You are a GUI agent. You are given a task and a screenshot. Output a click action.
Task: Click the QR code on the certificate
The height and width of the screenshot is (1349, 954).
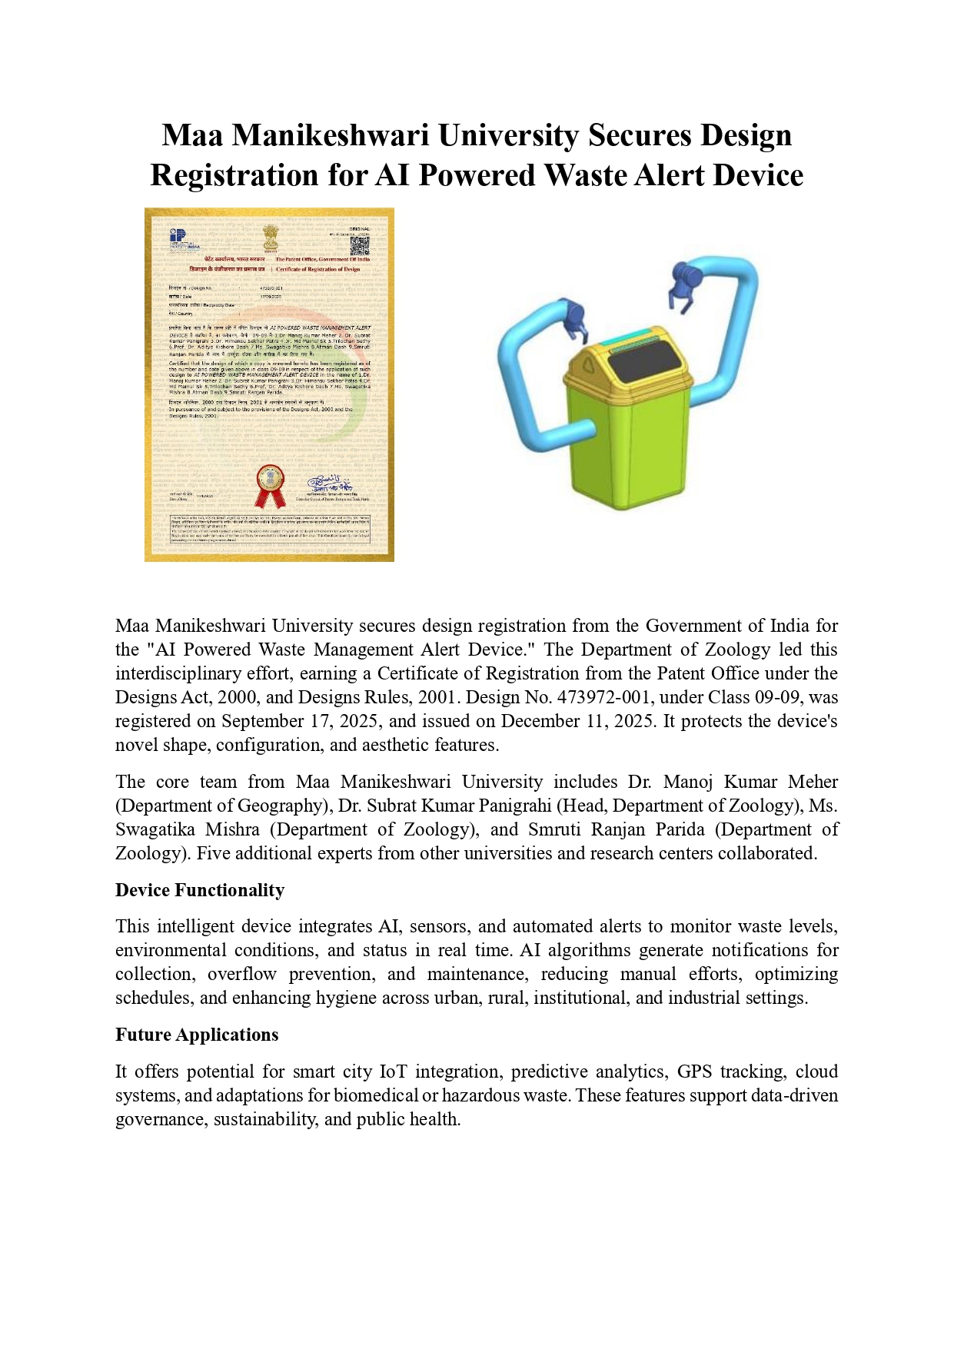pos(359,246)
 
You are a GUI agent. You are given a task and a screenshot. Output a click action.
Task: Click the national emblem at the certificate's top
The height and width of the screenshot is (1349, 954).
pos(270,237)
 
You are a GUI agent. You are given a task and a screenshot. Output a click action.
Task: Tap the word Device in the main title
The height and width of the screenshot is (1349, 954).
pos(758,175)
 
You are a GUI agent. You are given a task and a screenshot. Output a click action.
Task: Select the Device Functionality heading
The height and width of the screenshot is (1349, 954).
pos(200,890)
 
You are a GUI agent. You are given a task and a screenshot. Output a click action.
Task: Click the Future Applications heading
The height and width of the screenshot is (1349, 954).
pos(197,1035)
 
